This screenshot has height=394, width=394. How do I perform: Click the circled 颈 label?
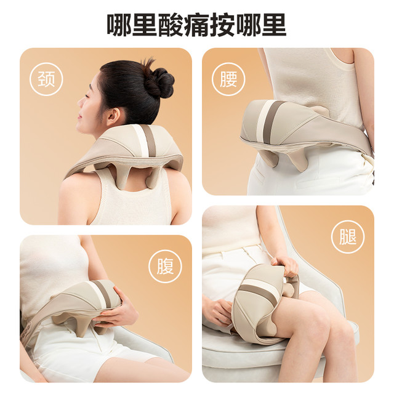click(x=46, y=79)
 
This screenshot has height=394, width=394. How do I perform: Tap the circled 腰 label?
click(x=228, y=79)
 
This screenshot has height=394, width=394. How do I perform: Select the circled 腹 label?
click(x=165, y=266)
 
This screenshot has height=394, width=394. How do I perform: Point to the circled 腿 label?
click(x=348, y=236)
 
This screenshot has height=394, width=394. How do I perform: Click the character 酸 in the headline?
click(x=171, y=25)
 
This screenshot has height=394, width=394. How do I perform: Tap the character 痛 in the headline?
click(x=196, y=25)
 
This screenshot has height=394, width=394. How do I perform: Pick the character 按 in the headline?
click(x=222, y=25)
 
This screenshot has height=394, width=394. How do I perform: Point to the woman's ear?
click(x=113, y=117)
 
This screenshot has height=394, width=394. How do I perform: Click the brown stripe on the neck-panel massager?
click(x=150, y=140)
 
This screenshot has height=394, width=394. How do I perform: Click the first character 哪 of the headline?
click(x=119, y=25)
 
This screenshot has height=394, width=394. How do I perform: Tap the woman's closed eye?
click(x=88, y=97)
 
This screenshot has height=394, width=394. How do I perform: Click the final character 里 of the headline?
click(x=274, y=25)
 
